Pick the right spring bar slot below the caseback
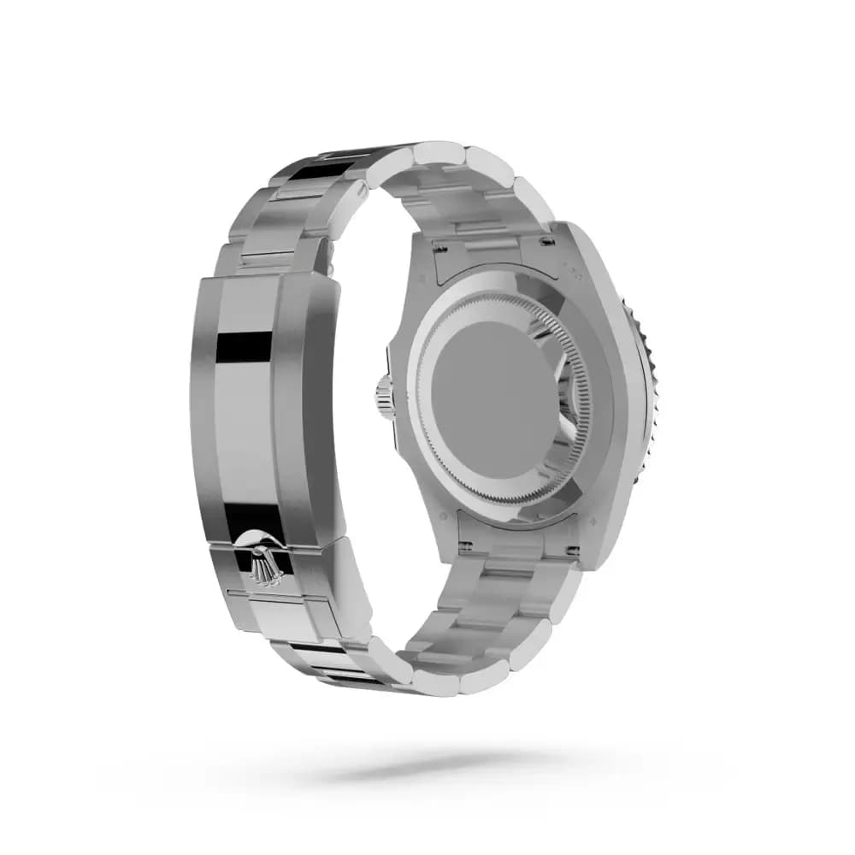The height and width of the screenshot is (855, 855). point(570,550)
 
